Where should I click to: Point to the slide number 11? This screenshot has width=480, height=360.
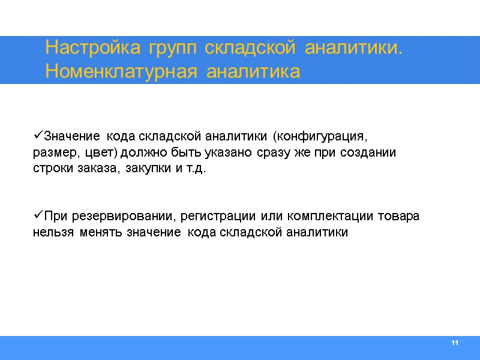454,343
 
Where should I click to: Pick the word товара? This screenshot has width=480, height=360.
401,215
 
